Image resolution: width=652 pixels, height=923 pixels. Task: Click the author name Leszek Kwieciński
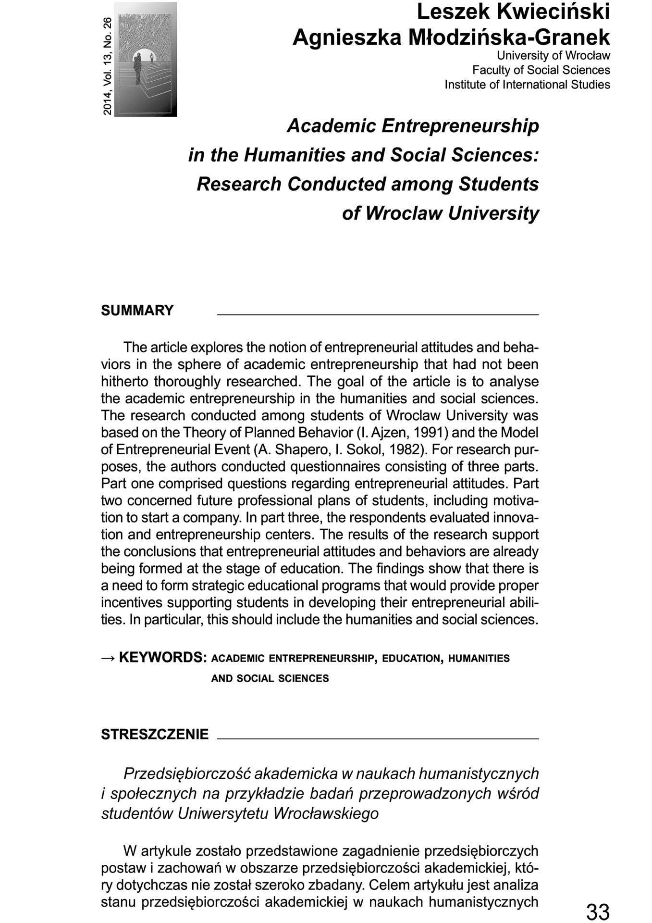513,12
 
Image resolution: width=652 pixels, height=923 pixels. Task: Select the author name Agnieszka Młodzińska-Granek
451,37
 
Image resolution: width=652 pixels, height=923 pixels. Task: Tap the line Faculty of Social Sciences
541,70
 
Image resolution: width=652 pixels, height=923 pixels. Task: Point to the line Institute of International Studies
527,85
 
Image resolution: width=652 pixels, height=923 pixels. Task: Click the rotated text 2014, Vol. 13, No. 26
107,66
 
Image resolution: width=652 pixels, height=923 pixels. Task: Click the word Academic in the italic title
331,126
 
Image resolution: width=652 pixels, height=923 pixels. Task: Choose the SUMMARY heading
137,311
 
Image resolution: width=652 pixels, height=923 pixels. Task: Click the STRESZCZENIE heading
155,735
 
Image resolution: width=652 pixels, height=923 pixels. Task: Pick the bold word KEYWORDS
162,657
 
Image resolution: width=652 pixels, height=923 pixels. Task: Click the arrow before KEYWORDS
108,658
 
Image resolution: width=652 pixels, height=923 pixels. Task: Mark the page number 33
597,911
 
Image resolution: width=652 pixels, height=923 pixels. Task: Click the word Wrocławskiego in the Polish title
326,813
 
